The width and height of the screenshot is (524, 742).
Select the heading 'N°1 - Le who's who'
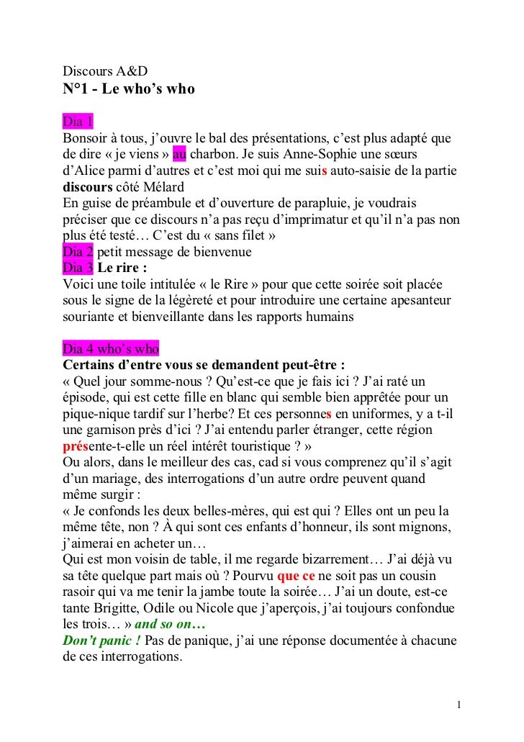coord(129,90)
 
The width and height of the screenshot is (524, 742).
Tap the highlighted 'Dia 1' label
coord(78,119)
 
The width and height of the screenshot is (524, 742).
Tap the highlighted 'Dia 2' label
coord(78,253)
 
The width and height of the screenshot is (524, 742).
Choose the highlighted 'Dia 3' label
coord(78,268)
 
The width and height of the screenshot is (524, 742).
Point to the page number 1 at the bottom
coord(459,703)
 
